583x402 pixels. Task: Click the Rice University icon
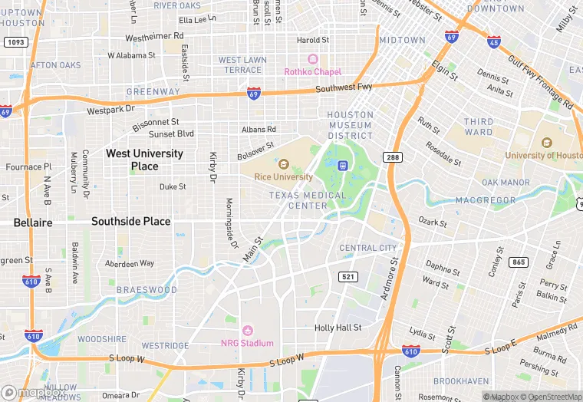pos(283,164)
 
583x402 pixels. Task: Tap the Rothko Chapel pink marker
pos(312,59)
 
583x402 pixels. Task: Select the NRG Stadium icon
pos(247,330)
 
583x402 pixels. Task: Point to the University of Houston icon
pos(546,143)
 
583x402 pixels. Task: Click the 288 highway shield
pos(394,157)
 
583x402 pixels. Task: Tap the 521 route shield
pos(348,276)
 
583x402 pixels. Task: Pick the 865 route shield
pos(519,262)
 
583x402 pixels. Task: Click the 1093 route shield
pos(15,41)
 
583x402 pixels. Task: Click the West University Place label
pos(144,160)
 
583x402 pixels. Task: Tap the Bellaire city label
pos(33,222)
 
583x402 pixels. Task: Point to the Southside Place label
pos(130,221)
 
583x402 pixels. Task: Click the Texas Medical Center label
pos(298,200)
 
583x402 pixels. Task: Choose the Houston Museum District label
pos(350,125)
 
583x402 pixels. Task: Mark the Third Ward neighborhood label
pos(479,127)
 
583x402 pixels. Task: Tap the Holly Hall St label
pos(338,328)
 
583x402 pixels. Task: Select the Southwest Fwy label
pos(344,87)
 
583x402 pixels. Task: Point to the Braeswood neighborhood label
pos(147,290)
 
